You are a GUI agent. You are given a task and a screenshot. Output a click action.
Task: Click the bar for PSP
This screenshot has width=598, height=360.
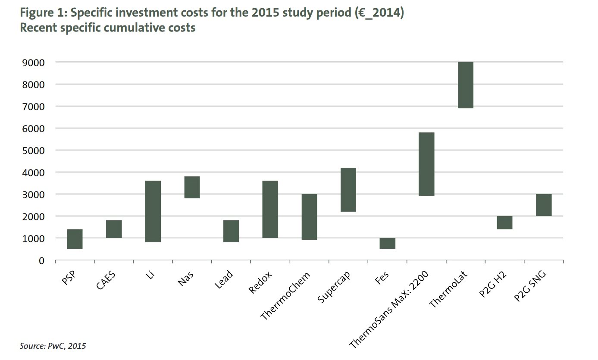(x=75, y=239)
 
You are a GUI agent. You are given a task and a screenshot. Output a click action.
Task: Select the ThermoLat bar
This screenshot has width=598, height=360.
(x=466, y=85)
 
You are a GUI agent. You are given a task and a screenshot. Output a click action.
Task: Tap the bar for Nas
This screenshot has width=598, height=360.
(x=192, y=187)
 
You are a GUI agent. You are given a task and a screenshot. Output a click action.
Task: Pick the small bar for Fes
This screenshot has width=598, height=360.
(x=387, y=244)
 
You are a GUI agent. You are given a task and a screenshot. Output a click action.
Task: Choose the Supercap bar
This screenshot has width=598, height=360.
(x=348, y=190)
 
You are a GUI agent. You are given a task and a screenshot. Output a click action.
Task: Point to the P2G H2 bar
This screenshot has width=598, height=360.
(x=504, y=222)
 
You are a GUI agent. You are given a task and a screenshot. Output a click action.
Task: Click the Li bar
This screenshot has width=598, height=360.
(x=153, y=211)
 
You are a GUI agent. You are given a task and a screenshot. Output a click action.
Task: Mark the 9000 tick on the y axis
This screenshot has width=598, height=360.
(x=32, y=63)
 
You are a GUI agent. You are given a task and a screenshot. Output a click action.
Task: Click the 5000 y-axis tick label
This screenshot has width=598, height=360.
(x=32, y=150)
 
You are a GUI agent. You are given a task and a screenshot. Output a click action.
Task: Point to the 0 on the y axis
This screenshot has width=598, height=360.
(x=41, y=260)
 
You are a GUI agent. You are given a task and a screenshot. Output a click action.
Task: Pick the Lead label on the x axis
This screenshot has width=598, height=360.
(x=224, y=280)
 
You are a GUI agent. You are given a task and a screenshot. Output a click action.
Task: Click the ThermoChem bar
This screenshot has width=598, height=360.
(x=309, y=217)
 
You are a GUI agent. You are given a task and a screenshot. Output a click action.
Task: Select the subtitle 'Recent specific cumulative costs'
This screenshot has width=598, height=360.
(x=107, y=28)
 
